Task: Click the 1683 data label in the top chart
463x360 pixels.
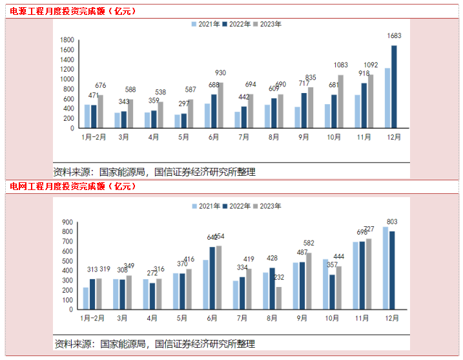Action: click(x=394, y=36)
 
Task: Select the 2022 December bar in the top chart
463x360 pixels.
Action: click(x=394, y=87)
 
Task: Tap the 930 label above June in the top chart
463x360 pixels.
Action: click(x=221, y=72)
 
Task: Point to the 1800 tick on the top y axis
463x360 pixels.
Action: click(x=67, y=40)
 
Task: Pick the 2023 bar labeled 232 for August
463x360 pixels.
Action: click(x=279, y=298)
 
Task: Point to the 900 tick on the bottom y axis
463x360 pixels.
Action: click(x=66, y=222)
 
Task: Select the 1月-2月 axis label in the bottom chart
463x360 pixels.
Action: click(x=93, y=319)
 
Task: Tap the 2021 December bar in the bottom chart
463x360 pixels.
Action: click(x=386, y=268)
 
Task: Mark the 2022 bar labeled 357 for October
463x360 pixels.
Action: click(x=332, y=291)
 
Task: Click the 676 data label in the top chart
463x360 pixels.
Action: click(x=100, y=85)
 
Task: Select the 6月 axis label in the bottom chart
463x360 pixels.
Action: click(x=212, y=319)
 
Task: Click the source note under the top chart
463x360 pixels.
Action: click(x=155, y=172)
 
